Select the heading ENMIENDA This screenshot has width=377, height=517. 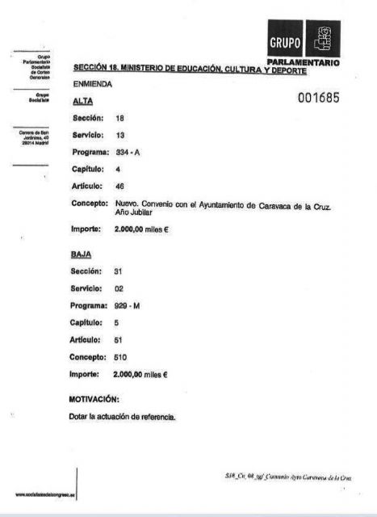coord(93,83)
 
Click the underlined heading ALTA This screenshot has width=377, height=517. coord(82,102)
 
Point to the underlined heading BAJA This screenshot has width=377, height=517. coord(83,254)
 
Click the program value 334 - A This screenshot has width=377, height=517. coord(129,152)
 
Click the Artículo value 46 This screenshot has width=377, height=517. coord(120,187)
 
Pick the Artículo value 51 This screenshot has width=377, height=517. coord(119,339)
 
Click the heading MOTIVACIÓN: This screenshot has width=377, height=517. coord(95,399)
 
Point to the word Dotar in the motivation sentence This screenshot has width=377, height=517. coord(82,417)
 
